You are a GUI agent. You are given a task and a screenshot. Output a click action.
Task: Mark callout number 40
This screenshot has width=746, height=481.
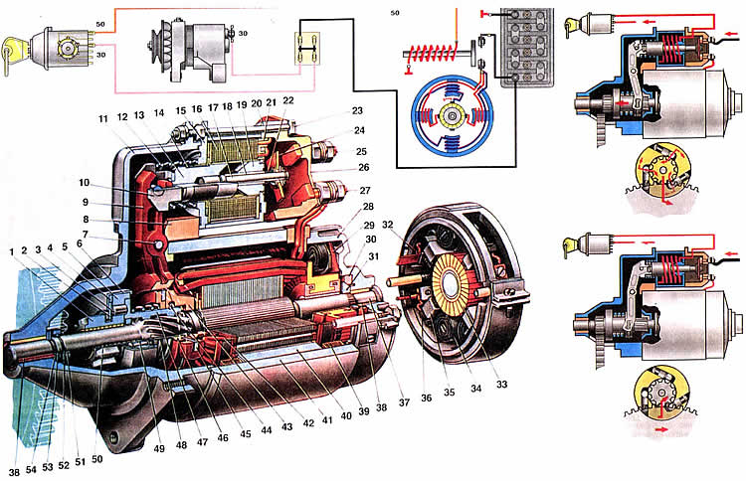pyautogui.click(x=346, y=416)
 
